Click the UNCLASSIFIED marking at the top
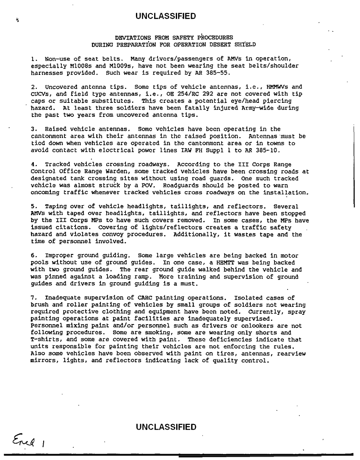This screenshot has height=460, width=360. coord(166,17)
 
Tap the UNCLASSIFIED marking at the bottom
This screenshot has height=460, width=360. coord(166,427)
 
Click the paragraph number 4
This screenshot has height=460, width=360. coord(33,164)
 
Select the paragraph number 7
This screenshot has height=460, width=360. coord(33,297)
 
